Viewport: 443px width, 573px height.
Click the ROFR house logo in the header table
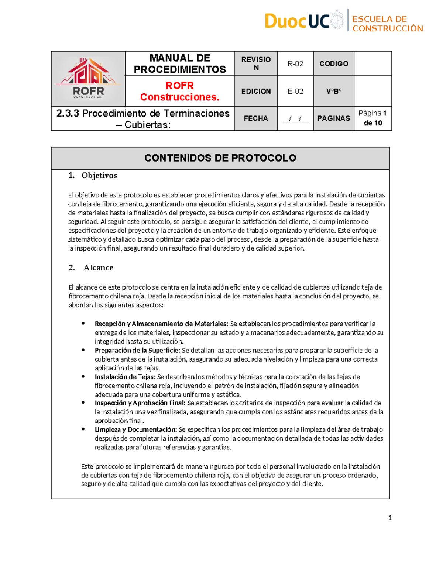[x=88, y=79]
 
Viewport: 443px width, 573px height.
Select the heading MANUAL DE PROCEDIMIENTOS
[x=180, y=63]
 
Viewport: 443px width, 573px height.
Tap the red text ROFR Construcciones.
[x=180, y=91]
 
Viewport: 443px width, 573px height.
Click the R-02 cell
[x=295, y=63]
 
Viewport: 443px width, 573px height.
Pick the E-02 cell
[x=295, y=91]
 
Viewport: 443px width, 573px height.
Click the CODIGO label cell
[x=334, y=63]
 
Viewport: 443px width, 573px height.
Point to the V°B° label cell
[x=334, y=91]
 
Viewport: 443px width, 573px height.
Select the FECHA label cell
[x=256, y=118]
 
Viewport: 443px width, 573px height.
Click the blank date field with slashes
[x=295, y=119]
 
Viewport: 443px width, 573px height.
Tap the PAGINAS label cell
[x=334, y=118]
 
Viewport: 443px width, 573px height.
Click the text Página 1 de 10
[x=372, y=118]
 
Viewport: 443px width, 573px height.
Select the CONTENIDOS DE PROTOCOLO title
[x=220, y=158]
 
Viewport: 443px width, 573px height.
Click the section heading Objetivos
[x=99, y=176]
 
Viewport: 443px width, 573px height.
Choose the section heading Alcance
[x=98, y=268]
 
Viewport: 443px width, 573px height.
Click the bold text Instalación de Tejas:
[x=125, y=377]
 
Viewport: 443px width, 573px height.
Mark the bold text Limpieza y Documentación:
[x=136, y=429]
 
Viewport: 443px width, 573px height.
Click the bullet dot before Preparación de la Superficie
[x=83, y=350]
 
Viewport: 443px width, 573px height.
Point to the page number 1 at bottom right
[x=390, y=518]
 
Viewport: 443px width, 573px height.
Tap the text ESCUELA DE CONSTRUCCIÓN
[x=387, y=24]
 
